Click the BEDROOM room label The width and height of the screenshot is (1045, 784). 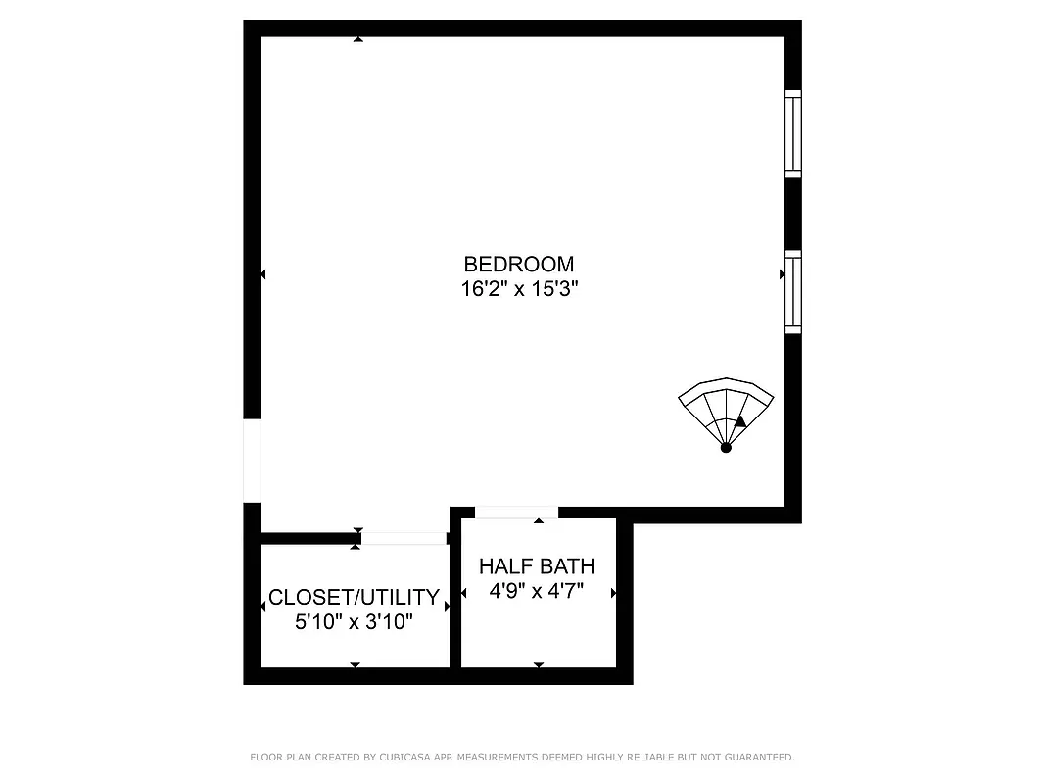(x=518, y=264)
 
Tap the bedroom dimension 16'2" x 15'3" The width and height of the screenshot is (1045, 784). (x=518, y=289)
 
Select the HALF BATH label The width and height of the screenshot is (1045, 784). (x=536, y=566)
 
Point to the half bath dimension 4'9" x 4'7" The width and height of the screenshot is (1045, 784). (x=536, y=591)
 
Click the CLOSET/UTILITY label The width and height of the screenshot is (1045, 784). (x=354, y=597)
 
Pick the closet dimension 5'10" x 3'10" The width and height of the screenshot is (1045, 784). (x=354, y=621)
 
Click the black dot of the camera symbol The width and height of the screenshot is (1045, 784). (x=726, y=448)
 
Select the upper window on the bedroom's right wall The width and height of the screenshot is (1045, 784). (x=793, y=134)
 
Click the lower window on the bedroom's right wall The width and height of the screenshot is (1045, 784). (x=793, y=294)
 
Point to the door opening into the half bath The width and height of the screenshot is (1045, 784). (x=516, y=512)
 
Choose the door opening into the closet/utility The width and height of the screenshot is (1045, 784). (x=404, y=538)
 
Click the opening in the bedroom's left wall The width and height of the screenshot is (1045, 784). (x=252, y=461)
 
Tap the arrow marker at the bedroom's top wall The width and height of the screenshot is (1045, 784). (x=358, y=39)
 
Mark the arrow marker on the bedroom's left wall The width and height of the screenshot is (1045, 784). (x=262, y=274)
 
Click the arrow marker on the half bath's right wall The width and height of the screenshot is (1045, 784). (x=613, y=593)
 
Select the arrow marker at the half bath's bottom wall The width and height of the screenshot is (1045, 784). (x=538, y=665)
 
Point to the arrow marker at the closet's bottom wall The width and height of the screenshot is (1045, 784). (x=355, y=665)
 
